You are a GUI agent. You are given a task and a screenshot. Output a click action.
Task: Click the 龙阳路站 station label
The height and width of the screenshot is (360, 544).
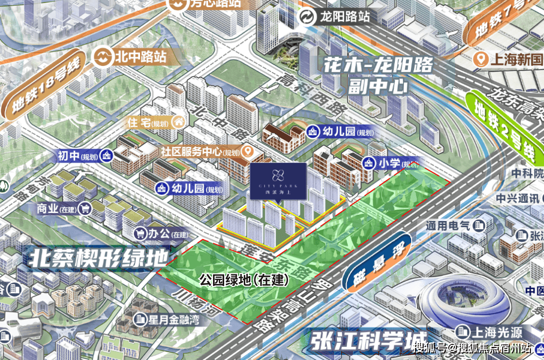pyautogui.click(x=345, y=17)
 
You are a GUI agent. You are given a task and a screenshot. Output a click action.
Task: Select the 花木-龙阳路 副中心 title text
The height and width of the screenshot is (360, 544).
pyautogui.click(x=378, y=76)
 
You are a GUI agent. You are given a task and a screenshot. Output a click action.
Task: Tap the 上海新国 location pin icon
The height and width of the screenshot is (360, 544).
pyautogui.click(x=482, y=60)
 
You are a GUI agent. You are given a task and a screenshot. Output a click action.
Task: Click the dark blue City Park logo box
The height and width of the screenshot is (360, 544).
pyautogui.click(x=278, y=182)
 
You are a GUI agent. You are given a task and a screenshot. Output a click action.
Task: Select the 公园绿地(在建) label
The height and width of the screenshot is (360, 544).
pyautogui.click(x=244, y=280)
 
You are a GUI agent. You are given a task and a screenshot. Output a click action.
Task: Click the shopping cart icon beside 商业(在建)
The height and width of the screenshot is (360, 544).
pyautogui.click(x=86, y=207)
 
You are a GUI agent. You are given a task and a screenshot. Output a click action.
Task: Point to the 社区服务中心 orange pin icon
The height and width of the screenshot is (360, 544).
pyautogui.click(x=247, y=151)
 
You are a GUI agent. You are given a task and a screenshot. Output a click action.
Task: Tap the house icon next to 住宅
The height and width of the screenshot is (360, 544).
pyautogui.click(x=177, y=122)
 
